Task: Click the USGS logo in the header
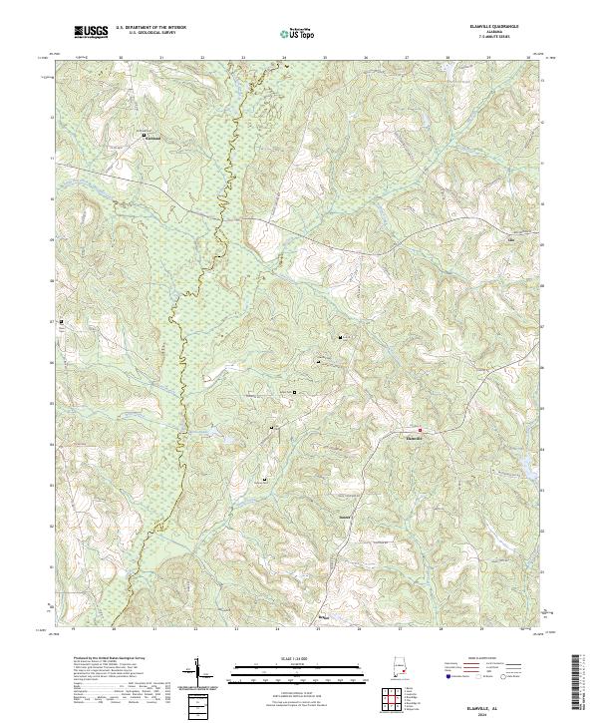[91, 33]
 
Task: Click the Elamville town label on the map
[417, 437]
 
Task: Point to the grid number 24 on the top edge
[283, 58]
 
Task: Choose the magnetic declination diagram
[199, 675]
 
